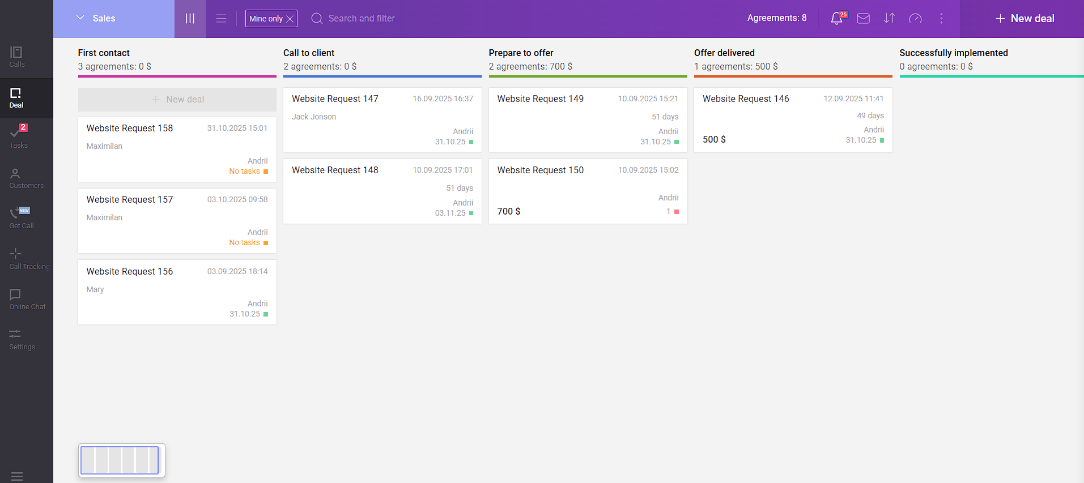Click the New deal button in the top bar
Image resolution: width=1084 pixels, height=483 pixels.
[1025, 19]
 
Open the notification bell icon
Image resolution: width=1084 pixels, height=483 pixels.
[836, 19]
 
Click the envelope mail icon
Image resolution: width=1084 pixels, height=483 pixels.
[863, 19]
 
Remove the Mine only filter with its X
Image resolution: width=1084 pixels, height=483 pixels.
[290, 19]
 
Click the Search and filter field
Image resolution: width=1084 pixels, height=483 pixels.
[362, 19]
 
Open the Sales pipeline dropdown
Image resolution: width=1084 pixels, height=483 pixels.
[96, 19]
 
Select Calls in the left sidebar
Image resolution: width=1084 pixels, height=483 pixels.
[16, 57]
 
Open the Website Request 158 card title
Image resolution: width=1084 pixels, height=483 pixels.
[130, 129]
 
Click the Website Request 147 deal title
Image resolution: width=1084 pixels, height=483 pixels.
[335, 99]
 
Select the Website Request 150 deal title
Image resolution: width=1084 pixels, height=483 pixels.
[540, 170]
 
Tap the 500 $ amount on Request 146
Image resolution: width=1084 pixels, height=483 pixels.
[714, 139]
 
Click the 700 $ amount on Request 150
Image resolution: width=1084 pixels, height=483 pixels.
[509, 211]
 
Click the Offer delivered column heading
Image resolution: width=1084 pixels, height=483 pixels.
[724, 53]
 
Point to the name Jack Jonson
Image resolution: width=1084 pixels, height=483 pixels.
[314, 117]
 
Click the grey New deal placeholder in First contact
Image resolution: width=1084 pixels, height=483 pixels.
[177, 100]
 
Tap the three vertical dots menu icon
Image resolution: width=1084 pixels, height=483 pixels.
[941, 19]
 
